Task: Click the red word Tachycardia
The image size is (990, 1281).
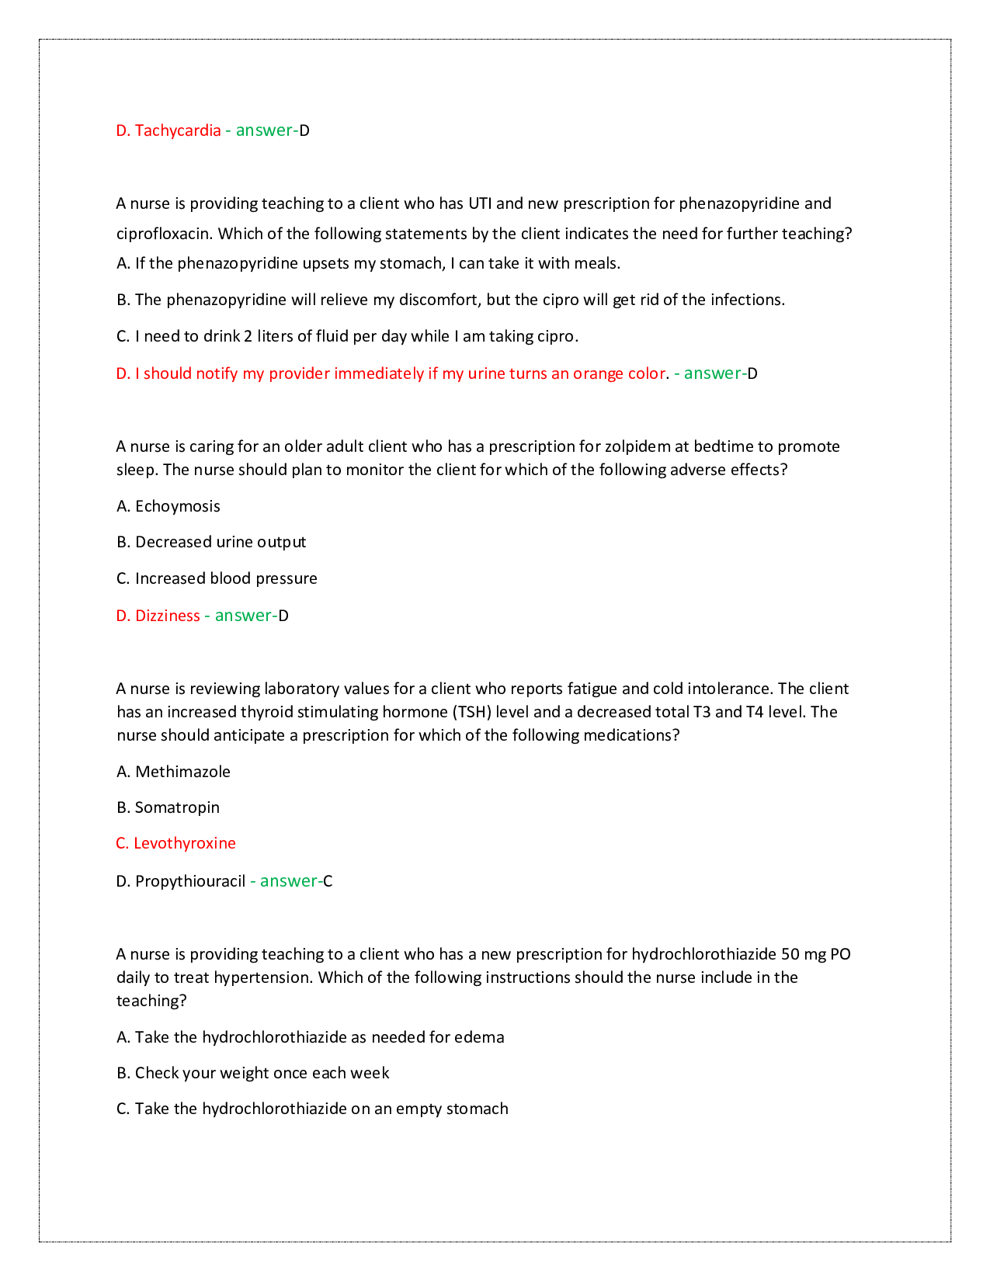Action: click(x=178, y=130)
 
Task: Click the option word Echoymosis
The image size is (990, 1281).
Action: click(x=177, y=506)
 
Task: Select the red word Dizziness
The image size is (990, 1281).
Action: click(x=167, y=616)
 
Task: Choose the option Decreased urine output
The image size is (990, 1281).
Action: click(x=220, y=542)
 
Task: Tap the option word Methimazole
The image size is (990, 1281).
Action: click(x=182, y=772)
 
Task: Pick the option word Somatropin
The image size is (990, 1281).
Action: click(x=177, y=807)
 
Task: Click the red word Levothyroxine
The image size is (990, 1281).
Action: click(x=184, y=843)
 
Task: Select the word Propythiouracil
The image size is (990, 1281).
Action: click(x=190, y=881)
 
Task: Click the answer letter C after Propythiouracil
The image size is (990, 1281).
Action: click(x=328, y=881)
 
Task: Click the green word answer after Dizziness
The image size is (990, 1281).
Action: click(x=242, y=616)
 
